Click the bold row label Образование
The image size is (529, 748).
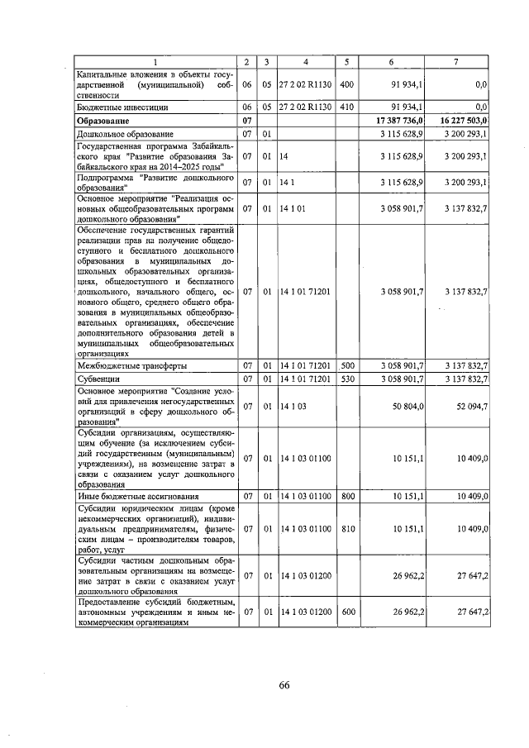(x=102, y=121)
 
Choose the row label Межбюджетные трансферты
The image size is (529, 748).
(x=131, y=364)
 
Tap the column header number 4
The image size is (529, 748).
(x=305, y=62)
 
